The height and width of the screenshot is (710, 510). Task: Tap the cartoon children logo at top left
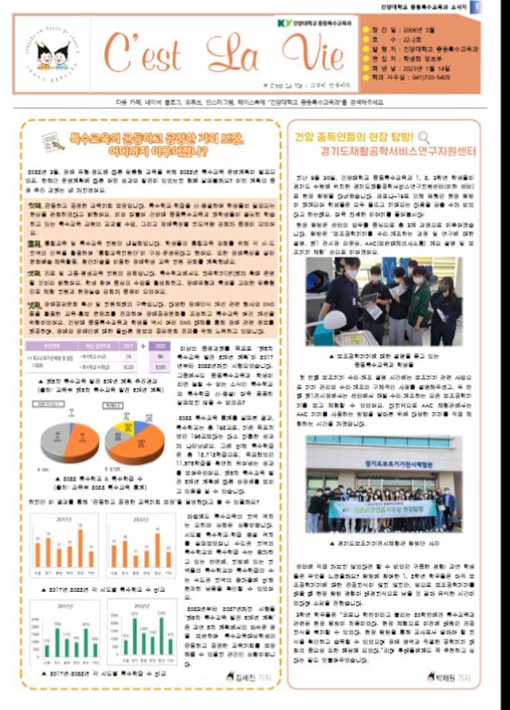point(53,56)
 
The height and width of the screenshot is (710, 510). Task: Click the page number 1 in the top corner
point(501,6)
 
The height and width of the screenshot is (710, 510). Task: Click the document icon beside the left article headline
point(53,141)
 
